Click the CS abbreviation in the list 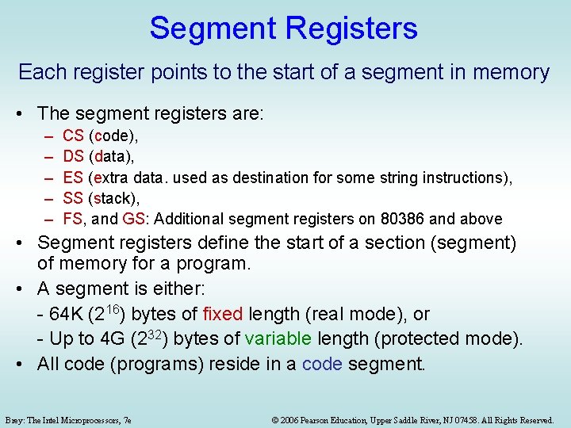(x=73, y=136)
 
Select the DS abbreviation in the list (x=73, y=157)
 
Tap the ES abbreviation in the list (x=73, y=178)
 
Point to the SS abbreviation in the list (x=73, y=198)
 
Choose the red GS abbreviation (x=134, y=219)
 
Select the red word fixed (x=224, y=314)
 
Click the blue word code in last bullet (x=321, y=365)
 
